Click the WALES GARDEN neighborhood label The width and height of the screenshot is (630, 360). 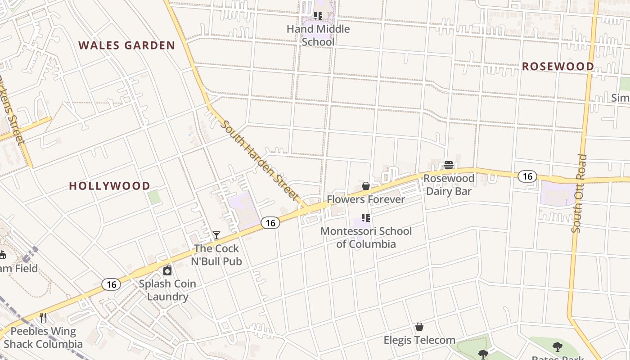tap(126, 45)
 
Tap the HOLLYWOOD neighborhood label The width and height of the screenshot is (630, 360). tap(109, 186)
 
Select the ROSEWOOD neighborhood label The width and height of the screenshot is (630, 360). tap(558, 67)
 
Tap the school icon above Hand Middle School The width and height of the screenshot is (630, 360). tap(318, 16)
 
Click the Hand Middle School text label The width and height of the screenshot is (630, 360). tap(318, 36)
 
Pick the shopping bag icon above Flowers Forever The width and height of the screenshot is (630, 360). tap(366, 186)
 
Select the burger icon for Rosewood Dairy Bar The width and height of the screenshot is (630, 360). tap(449, 165)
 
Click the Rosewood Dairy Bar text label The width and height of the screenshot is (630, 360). tap(449, 185)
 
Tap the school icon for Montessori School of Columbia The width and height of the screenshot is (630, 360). tap(366, 218)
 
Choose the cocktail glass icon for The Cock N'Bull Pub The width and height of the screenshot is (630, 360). tap(216, 235)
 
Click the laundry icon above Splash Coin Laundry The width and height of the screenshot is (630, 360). tap(167, 270)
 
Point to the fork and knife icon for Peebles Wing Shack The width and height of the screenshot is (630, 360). tap(43, 318)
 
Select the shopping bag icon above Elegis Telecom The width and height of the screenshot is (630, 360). tap(419, 327)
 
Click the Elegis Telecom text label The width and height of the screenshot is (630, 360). tap(419, 340)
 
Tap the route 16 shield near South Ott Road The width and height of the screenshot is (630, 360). tap(527, 176)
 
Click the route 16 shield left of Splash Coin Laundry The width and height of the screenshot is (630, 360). tap(111, 284)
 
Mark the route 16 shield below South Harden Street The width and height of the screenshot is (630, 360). tap(270, 223)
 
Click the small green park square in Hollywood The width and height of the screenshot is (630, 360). tap(154, 197)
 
